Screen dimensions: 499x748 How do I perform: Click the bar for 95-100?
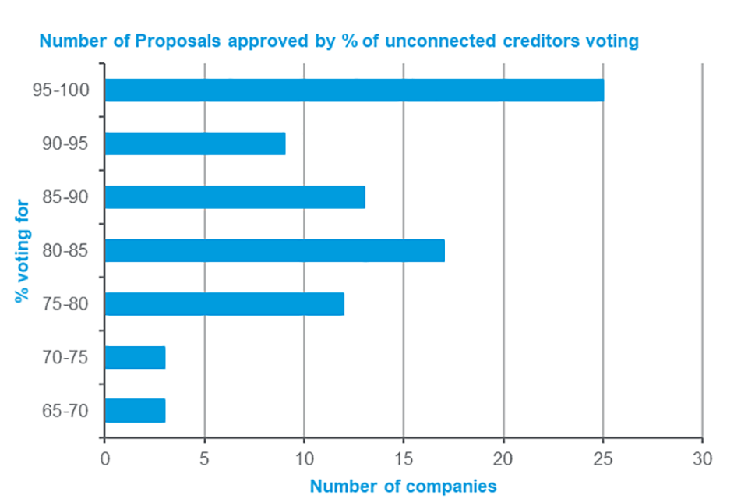354,90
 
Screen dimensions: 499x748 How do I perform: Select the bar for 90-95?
195,143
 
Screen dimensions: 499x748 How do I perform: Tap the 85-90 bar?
235,197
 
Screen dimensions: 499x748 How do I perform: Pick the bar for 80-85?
274,250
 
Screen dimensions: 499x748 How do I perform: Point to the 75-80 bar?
224,303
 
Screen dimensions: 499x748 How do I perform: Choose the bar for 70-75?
135,357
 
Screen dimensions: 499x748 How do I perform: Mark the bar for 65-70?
135,410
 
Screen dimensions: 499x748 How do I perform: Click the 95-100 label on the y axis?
61,90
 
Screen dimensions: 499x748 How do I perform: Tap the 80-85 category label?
65,250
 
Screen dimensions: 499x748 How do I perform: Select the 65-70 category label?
65,410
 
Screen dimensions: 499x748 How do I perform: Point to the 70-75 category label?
65,357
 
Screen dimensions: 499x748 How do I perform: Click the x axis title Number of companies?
403,486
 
